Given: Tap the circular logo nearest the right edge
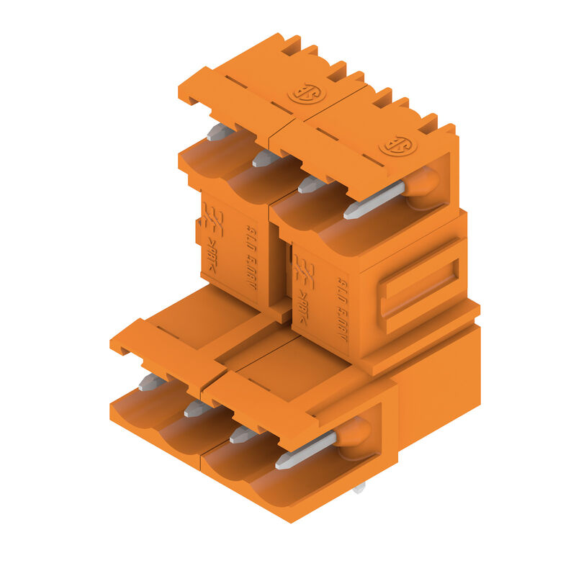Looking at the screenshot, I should coord(397,145).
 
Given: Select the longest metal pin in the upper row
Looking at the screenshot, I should coord(374,199).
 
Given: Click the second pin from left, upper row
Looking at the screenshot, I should coord(266,158).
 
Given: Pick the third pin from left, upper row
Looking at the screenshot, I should coord(312,184).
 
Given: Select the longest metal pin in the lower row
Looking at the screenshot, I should coord(306,449).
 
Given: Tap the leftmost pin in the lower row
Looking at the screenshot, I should coord(151,382).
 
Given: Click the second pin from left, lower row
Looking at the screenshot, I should coord(197,408).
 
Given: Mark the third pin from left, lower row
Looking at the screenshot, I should coord(243,433).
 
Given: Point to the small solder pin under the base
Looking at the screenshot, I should coord(359,487).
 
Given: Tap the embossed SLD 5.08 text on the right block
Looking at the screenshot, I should coord(342,310).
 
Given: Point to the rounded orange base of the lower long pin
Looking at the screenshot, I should coord(354,433).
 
